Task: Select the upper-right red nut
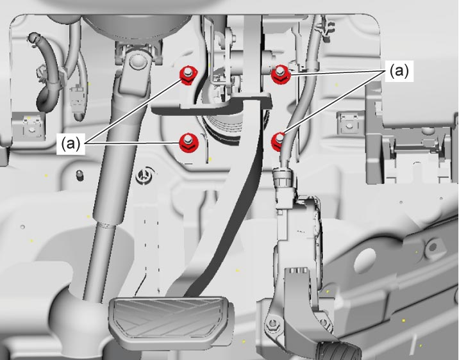tap(280, 75)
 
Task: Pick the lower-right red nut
tap(278, 142)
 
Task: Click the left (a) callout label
tap(71, 143)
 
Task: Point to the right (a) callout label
tap(399, 71)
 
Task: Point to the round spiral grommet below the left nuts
tap(144, 176)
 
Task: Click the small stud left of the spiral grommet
tap(79, 175)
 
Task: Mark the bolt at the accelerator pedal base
tap(271, 323)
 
